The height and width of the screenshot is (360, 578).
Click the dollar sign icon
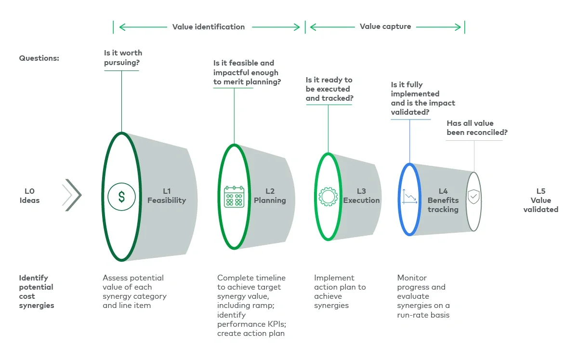click(x=121, y=197)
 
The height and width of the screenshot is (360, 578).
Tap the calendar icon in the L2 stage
click(x=234, y=197)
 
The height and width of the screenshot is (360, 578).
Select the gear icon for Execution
click(x=328, y=196)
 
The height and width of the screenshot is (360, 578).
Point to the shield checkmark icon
click(x=474, y=197)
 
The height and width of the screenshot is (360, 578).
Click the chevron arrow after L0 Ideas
click(x=72, y=195)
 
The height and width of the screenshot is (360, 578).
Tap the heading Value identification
click(x=209, y=27)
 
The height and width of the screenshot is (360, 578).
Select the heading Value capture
click(x=385, y=27)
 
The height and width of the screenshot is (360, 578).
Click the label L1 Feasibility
click(x=167, y=196)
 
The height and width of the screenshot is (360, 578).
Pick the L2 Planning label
click(x=270, y=196)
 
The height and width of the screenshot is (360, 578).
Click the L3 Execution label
click(x=361, y=196)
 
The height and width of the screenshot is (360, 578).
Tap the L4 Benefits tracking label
click(x=443, y=200)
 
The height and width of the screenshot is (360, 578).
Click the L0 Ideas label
click(x=29, y=196)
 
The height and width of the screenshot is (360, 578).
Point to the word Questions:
click(x=39, y=58)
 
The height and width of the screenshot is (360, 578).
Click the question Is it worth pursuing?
click(x=123, y=58)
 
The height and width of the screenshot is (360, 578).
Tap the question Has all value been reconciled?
click(x=477, y=128)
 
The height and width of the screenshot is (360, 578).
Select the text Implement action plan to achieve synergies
click(x=340, y=292)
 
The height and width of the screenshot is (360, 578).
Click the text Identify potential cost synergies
click(x=36, y=292)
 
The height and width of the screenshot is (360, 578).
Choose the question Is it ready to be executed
click(x=329, y=89)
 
